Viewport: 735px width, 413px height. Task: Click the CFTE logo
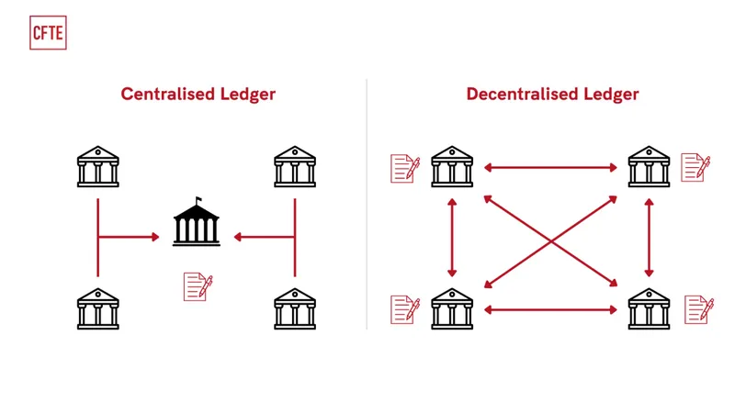pyautogui.click(x=48, y=32)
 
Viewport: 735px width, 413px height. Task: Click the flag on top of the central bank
pyautogui.click(x=197, y=200)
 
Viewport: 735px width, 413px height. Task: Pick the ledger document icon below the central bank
pyautogui.click(x=198, y=286)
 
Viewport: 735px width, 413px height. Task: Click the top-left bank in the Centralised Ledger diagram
pyautogui.click(x=97, y=166)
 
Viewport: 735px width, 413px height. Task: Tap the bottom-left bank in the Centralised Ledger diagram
pyautogui.click(x=97, y=308)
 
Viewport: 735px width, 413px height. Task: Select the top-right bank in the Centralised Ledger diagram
pyautogui.click(x=295, y=166)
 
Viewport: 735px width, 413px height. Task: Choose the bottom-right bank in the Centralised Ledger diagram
pyautogui.click(x=295, y=308)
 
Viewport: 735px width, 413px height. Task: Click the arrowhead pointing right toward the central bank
pyautogui.click(x=154, y=237)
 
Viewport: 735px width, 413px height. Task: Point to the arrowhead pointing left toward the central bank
pyautogui.click(x=238, y=237)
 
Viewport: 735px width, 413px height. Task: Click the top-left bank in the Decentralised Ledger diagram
pyautogui.click(x=452, y=166)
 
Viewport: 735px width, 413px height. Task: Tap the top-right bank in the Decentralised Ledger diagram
pyautogui.click(x=649, y=166)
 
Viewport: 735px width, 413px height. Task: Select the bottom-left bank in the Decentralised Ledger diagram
pyautogui.click(x=452, y=308)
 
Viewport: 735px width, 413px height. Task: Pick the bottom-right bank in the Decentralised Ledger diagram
pyautogui.click(x=649, y=308)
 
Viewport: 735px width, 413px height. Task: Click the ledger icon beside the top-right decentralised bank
pyautogui.click(x=695, y=167)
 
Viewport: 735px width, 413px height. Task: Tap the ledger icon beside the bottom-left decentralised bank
pyautogui.click(x=405, y=308)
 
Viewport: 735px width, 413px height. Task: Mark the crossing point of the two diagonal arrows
pyautogui.click(x=550, y=240)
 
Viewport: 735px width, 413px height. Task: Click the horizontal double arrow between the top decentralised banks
pyautogui.click(x=550, y=167)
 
